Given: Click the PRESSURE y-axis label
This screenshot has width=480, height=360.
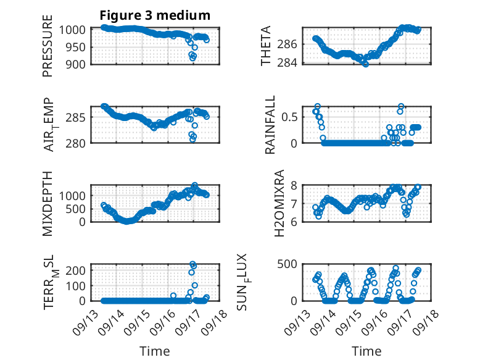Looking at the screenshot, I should coord(48,51).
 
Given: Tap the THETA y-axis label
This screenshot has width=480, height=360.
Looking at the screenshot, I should coord(266,46).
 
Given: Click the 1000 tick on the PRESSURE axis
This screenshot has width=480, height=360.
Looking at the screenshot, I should coord(75,30).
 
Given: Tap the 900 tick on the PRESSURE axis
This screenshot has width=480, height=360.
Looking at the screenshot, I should coord(78,64).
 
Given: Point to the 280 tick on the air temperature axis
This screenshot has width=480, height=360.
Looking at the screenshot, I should coord(78,143).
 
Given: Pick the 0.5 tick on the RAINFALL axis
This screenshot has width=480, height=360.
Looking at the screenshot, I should coord(292,116).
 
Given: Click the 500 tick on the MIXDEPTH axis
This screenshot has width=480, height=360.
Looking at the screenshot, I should coord(78,209).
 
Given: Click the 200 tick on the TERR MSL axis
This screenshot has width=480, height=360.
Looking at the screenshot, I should coord(78,270).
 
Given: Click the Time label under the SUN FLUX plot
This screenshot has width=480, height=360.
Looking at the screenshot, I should coord(366,351).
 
